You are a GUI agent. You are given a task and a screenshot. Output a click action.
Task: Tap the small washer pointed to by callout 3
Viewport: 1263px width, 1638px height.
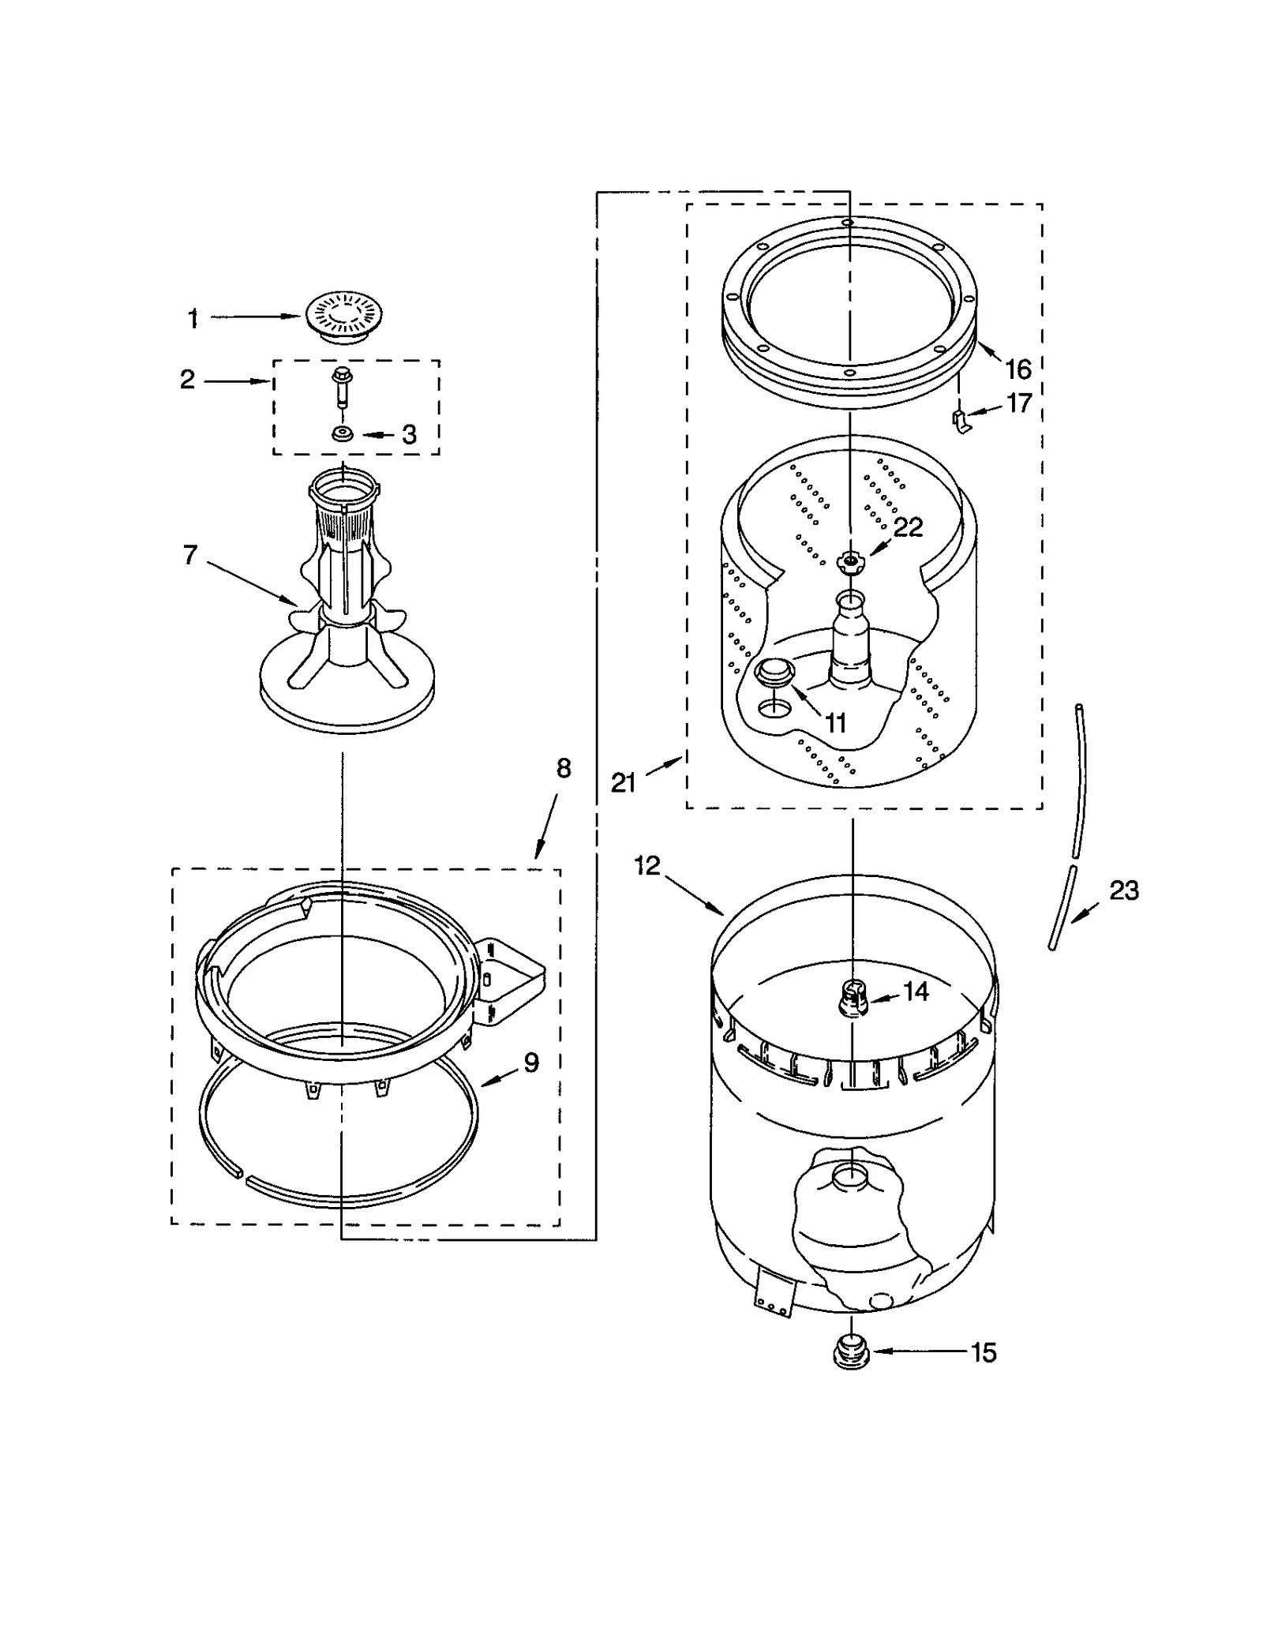[343, 434]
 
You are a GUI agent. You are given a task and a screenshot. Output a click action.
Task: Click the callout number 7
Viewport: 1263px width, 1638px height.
[190, 555]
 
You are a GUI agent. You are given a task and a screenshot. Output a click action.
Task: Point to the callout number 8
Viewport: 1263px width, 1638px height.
[563, 767]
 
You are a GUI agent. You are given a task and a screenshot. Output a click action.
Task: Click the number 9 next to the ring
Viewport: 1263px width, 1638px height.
[531, 1063]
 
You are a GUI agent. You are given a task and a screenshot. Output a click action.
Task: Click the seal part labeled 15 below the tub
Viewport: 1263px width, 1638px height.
[852, 1351]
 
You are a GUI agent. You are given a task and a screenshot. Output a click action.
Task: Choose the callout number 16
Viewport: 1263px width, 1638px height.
[1018, 369]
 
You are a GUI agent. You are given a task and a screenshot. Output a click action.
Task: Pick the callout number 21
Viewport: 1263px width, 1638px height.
[624, 782]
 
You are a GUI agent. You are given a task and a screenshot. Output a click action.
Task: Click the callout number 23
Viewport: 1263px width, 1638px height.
[1124, 890]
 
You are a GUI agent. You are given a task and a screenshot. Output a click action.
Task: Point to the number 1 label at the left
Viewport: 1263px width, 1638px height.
[193, 319]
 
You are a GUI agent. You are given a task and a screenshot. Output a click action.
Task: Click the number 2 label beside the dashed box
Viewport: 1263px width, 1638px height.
[187, 380]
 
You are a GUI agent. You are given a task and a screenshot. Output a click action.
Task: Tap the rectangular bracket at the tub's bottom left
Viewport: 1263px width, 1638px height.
[773, 1291]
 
